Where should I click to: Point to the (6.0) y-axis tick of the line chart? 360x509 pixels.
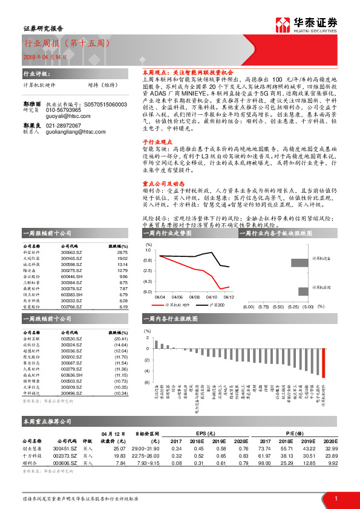pos(148,291)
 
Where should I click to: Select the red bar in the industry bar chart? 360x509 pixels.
pos(323,362)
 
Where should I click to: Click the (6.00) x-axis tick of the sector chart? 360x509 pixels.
pos(248,306)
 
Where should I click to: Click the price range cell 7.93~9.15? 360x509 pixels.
pos(145,463)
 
